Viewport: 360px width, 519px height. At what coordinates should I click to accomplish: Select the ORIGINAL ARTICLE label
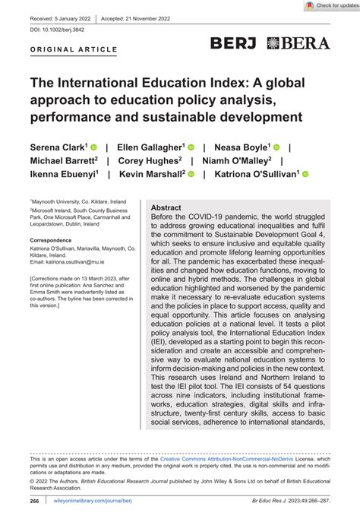pos(74,50)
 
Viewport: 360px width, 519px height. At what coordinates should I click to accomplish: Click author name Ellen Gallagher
pos(150,147)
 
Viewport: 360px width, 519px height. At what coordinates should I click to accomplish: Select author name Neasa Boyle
pos(242,147)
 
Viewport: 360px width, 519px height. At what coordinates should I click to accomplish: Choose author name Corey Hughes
pos(149,160)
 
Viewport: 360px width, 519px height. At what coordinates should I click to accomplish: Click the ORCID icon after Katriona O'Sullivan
pos(305,175)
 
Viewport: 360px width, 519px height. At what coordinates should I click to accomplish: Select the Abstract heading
pos(166,207)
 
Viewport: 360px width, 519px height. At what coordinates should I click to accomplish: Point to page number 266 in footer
pos(35,502)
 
